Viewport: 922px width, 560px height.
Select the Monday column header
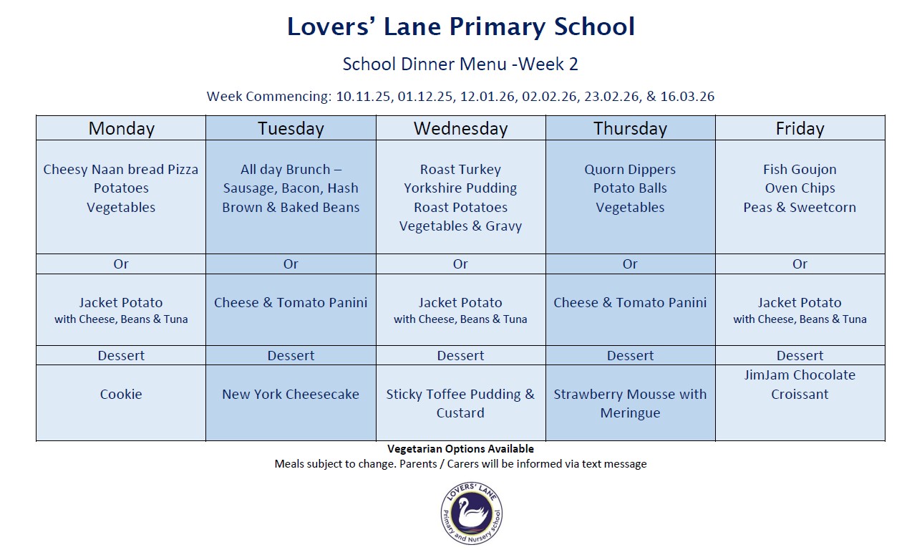121,129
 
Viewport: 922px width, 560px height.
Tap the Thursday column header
630,129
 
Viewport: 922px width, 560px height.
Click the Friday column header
800,129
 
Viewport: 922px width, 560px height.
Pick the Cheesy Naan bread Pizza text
121,170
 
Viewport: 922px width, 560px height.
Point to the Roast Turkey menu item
460,170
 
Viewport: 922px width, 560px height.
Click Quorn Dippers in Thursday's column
630,170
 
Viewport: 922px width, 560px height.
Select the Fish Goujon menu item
800,170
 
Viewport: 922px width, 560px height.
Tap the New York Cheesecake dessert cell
291,395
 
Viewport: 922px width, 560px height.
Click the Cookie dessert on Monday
121,395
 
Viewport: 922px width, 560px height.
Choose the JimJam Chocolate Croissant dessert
800,385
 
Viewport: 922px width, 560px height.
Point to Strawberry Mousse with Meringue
630,403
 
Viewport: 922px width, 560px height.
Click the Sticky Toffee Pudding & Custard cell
460,403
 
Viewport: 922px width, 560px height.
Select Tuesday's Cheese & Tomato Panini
291,303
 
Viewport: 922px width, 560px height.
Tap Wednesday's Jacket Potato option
460,303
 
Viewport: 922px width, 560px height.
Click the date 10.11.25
364,97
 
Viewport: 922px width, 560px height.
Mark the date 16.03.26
687,97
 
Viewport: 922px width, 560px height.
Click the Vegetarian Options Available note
460,449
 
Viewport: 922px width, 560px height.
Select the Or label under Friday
800,264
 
